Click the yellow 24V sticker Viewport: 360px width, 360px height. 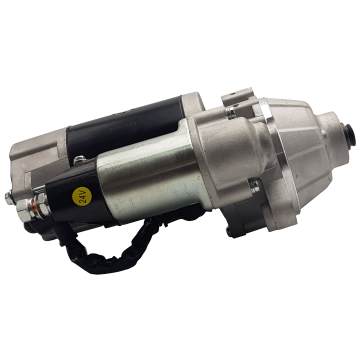point(82,196)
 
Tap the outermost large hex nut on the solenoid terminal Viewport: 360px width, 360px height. point(24,210)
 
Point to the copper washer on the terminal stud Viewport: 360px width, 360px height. point(34,207)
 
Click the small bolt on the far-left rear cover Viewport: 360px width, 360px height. point(9,199)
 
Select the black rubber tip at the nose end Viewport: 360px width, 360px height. point(350,135)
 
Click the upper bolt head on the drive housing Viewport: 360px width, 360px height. point(231,112)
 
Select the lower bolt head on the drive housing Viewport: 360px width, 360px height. point(254,186)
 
